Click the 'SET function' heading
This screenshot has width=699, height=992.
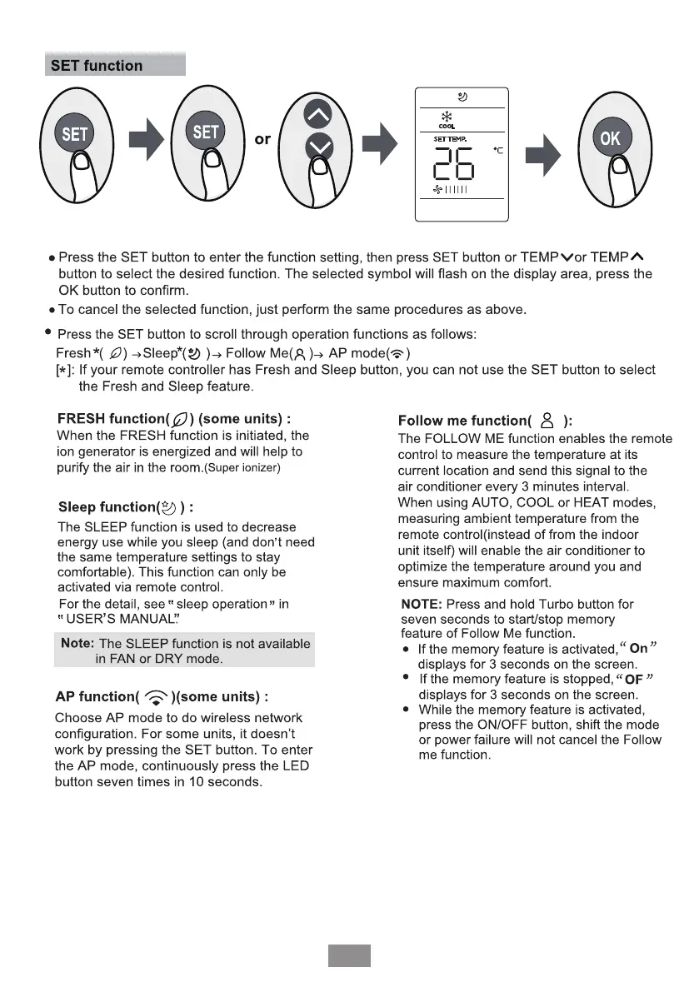pyautogui.click(x=97, y=65)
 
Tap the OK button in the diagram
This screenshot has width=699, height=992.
pyautogui.click(x=610, y=138)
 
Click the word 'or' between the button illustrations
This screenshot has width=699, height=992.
pyautogui.click(x=262, y=139)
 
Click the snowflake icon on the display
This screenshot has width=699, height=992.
pyautogui.click(x=447, y=117)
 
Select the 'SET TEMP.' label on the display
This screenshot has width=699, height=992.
pyautogui.click(x=450, y=138)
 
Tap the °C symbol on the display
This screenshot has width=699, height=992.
pyautogui.click(x=498, y=150)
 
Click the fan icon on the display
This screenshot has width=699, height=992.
pyautogui.click(x=437, y=190)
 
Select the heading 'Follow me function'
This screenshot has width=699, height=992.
pyautogui.click(x=464, y=421)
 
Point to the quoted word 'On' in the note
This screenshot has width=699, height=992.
pyautogui.click(x=639, y=647)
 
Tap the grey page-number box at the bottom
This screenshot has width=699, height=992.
pyautogui.click(x=348, y=955)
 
